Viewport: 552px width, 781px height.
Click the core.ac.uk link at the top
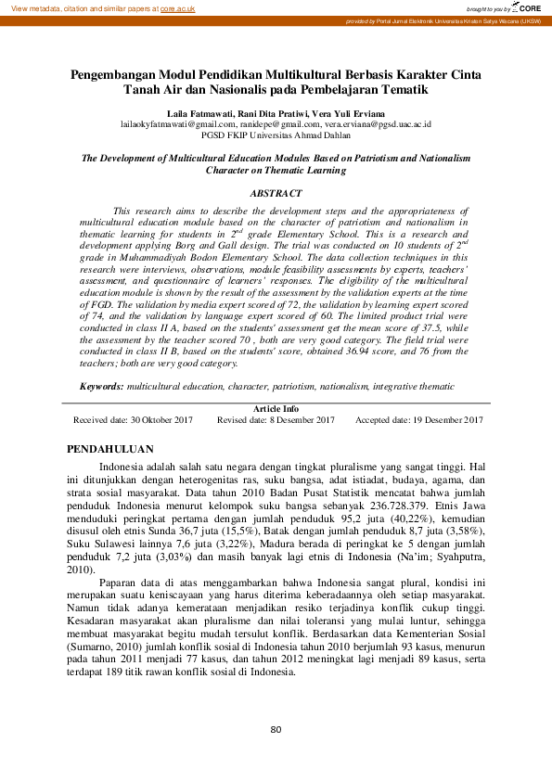point(178,7)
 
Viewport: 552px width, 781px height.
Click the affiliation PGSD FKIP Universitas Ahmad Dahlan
point(276,134)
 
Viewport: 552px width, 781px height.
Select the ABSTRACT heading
point(276,193)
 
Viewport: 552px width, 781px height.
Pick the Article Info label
point(276,408)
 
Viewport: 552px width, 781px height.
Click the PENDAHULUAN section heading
point(110,448)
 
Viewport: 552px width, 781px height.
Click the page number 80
point(276,730)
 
